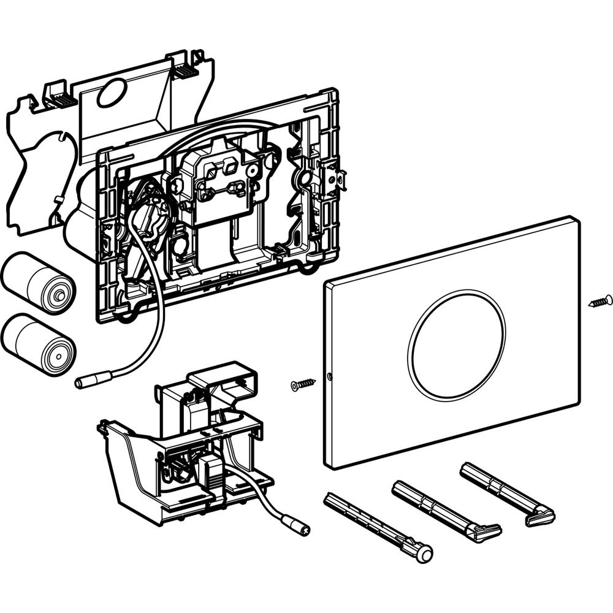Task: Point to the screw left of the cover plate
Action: tap(303, 384)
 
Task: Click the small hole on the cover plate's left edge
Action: tap(330, 376)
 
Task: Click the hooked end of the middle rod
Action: tap(487, 533)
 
